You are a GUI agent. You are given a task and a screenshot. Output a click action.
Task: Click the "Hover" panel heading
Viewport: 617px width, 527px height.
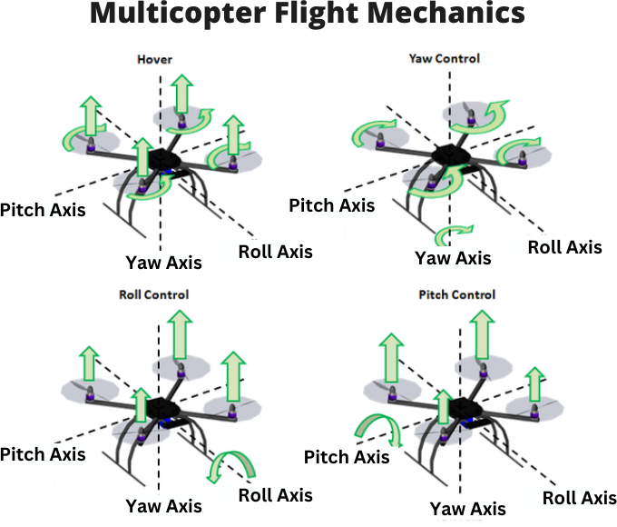point(154,60)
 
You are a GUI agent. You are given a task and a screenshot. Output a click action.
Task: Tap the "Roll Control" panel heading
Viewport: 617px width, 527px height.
point(154,294)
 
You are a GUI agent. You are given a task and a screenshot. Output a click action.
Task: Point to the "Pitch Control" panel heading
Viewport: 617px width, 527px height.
point(457,294)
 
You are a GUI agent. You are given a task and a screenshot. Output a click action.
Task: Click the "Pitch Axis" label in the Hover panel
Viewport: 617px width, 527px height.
point(43,210)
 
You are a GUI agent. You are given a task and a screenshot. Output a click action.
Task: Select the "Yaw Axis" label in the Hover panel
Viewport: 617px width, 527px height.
point(163,263)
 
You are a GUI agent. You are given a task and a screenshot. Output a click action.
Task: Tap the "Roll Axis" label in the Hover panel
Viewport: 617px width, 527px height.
point(275,251)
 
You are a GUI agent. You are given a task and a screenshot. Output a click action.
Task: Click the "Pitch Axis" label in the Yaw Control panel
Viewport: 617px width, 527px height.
point(331,205)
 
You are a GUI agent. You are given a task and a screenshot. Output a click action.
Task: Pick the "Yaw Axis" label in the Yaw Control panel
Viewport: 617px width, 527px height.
point(453,258)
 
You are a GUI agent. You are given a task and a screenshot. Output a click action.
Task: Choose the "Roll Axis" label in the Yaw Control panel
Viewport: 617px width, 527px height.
point(564,246)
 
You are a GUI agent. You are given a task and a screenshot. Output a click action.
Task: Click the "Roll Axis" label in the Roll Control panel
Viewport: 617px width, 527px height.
point(275,494)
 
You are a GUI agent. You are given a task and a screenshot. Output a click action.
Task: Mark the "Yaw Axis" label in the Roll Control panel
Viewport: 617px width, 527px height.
point(163,506)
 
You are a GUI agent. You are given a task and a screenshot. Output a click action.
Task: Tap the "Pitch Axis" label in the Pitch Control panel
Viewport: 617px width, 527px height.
point(347,456)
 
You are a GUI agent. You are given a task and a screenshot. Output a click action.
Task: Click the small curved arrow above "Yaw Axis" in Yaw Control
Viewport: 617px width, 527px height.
point(453,235)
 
